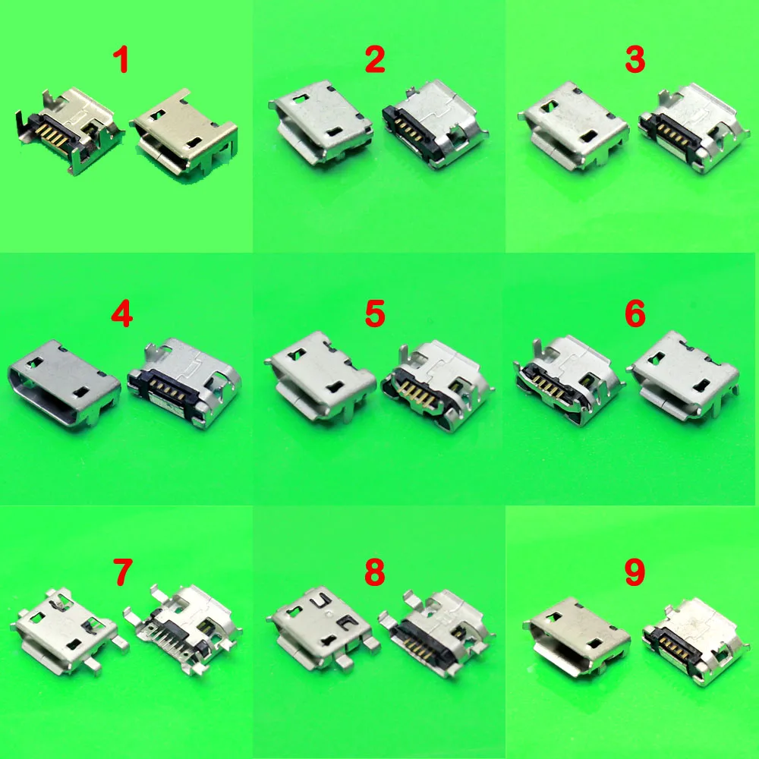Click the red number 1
coord(121,59)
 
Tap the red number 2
coord(375,59)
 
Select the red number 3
coord(635,59)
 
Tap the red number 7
coord(122,572)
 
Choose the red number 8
coord(375,572)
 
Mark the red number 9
coord(635,572)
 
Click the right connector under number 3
coord(693,128)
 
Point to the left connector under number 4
coord(64,385)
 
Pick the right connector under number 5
coord(437,385)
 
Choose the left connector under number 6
coord(568,380)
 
